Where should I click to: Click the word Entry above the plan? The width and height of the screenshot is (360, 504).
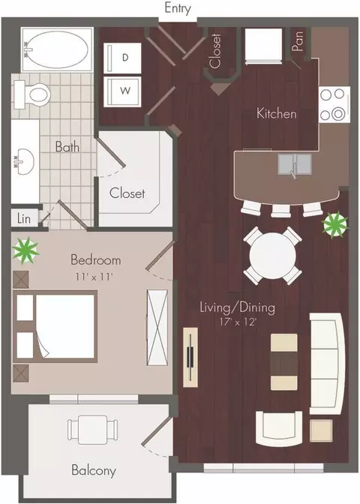[178, 8]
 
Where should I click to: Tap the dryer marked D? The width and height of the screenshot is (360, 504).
[122, 58]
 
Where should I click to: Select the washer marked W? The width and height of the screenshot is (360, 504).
[122, 91]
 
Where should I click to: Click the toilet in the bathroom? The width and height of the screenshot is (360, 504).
[32, 94]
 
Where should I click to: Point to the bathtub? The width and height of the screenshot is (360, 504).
[57, 49]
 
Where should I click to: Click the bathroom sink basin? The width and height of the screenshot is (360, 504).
[25, 161]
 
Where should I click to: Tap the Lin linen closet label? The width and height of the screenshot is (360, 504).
[24, 218]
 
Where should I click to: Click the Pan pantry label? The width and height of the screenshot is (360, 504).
[298, 40]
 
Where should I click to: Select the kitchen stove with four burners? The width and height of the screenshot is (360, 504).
[334, 104]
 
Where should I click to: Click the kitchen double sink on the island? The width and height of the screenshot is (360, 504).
[295, 164]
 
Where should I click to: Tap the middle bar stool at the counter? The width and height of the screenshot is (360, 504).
[281, 211]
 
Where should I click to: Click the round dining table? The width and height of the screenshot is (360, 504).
[272, 255]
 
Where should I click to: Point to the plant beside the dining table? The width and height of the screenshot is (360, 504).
[335, 223]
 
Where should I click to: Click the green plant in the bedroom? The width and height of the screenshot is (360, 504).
[25, 250]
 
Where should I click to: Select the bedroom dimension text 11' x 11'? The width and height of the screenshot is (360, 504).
[95, 277]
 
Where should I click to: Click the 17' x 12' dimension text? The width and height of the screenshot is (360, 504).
[238, 322]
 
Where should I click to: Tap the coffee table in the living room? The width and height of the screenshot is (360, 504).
[284, 362]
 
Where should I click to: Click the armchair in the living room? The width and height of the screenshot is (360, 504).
[279, 429]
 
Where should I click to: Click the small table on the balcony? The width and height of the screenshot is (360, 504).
[92, 430]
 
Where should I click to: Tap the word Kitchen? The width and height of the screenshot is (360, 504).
[277, 113]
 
